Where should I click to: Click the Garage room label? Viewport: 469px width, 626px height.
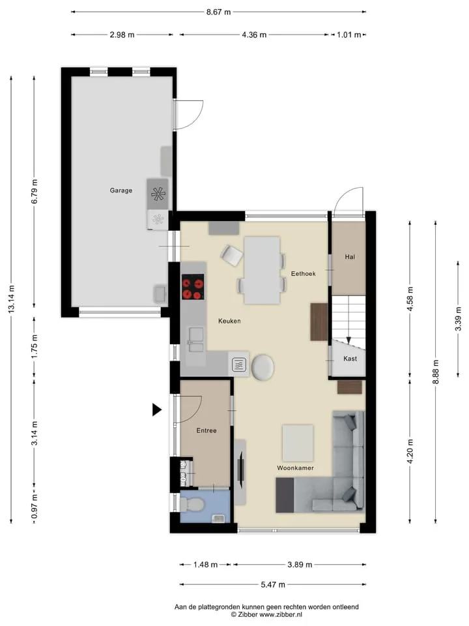point(121,190)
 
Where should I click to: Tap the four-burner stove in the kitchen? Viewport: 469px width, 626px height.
point(193,287)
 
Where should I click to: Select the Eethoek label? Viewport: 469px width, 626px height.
point(303,273)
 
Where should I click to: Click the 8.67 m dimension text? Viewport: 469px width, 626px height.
point(219,12)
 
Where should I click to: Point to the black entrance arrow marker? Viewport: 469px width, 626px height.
point(157,410)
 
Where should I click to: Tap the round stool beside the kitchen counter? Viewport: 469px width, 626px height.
point(263,367)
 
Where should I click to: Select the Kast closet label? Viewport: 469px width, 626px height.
point(350,359)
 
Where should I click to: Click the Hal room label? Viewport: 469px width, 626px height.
point(350,257)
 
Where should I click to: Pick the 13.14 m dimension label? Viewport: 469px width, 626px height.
point(12,299)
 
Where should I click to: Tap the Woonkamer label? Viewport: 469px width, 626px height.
point(295,468)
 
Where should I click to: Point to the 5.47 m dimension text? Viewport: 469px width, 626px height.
point(273,584)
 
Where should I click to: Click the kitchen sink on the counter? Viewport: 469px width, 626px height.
point(196,339)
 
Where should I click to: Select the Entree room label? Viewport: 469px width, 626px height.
point(206,430)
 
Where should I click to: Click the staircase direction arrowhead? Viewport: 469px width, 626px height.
point(348,340)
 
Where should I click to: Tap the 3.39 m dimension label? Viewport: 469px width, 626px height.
point(458,319)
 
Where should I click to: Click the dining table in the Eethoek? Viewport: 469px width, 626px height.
point(262,270)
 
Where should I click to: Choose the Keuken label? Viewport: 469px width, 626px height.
point(229,321)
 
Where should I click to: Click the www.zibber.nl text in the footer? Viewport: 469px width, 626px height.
point(281,614)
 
